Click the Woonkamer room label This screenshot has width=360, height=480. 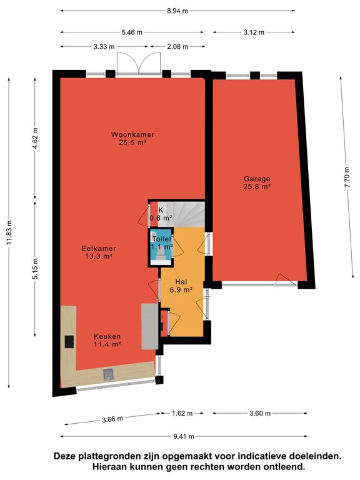click(132, 134)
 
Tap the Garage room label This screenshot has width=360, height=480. click(257, 179)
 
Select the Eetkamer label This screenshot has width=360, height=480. click(99, 249)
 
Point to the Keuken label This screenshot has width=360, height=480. click(107, 336)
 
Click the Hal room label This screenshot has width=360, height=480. click(181, 282)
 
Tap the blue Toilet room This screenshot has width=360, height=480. click(161, 247)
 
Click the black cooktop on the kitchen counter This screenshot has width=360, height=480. click(69, 342)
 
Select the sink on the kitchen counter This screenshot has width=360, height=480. click(108, 374)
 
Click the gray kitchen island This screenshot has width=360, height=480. click(150, 326)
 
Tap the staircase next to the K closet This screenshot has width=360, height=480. click(185, 214)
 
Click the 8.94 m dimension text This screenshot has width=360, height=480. click(177, 11)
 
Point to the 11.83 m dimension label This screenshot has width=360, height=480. click(9, 232)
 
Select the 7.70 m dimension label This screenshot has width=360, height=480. click(346, 177)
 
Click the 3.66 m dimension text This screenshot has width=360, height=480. click(112, 419)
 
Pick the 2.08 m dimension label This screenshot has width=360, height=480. click(177, 46)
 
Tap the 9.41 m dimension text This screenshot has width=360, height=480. click(184, 436)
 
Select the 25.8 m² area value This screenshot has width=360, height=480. click(257, 186)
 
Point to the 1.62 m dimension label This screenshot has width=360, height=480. click(182, 413)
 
